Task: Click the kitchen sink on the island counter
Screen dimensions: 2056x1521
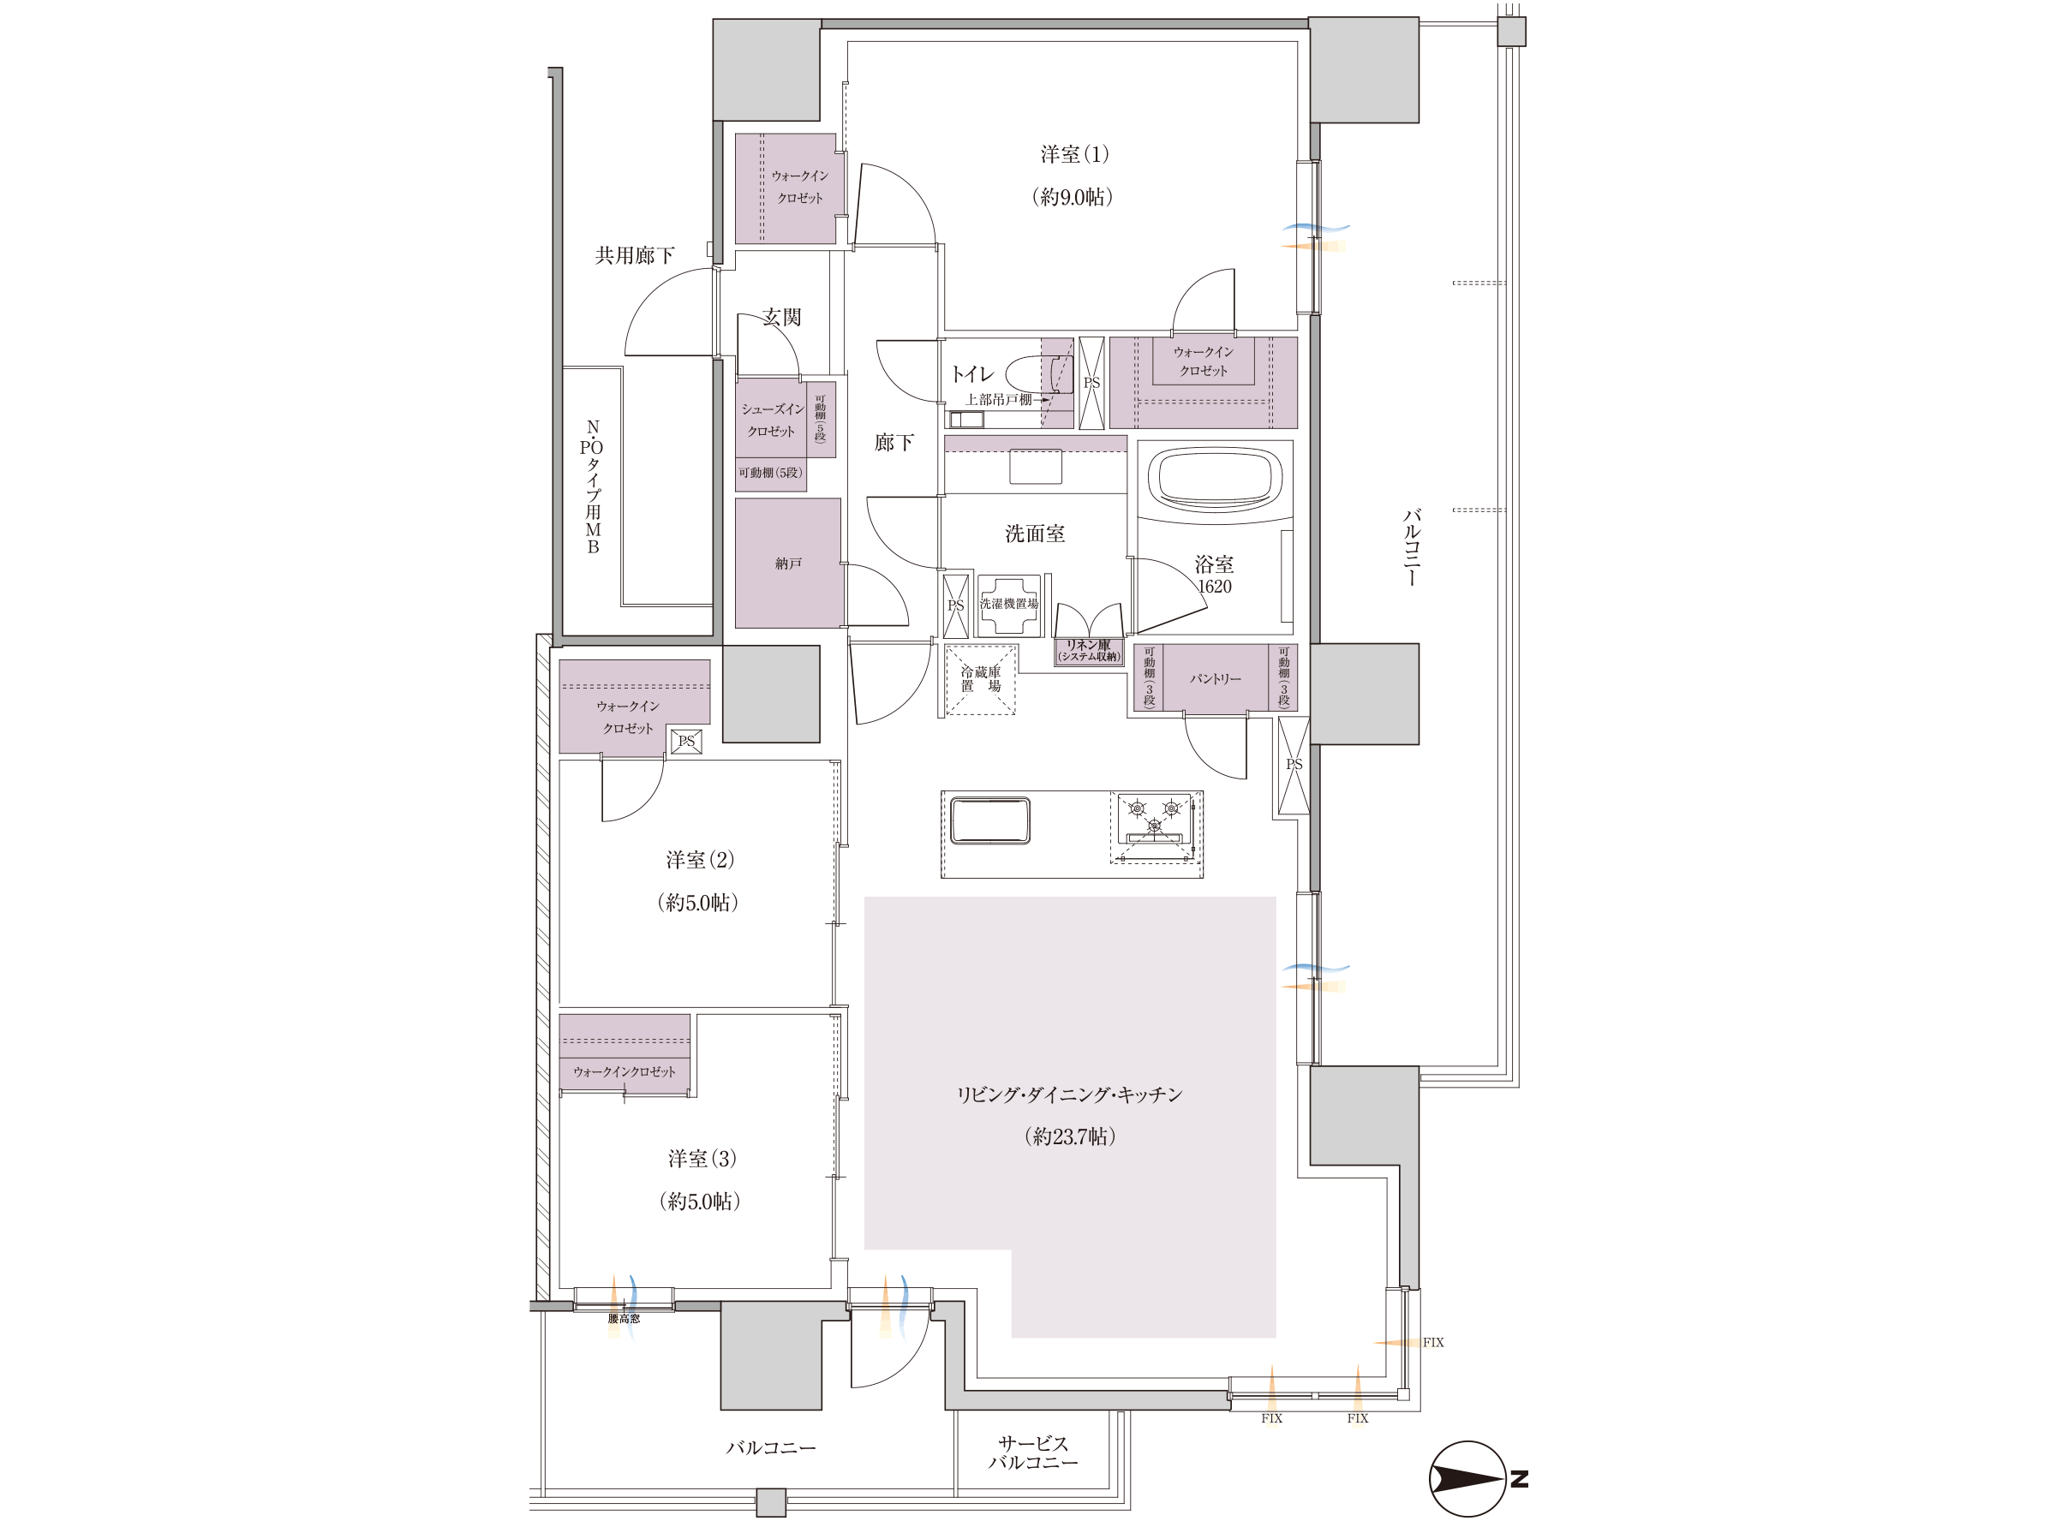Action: pos(989,820)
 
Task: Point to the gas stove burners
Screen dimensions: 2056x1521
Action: pos(1155,817)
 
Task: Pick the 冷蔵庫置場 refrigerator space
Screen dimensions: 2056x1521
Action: pos(982,679)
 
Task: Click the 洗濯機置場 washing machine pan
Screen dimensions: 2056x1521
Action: pos(1009,605)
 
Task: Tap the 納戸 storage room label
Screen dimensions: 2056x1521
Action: pos(788,564)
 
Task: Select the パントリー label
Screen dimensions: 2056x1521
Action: pos(1216,678)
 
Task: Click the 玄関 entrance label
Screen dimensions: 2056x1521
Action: pos(781,318)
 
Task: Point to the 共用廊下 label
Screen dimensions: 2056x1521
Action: pos(635,256)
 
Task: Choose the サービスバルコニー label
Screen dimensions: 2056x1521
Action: pos(1033,1452)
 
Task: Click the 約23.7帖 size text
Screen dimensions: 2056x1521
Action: pos(1070,1136)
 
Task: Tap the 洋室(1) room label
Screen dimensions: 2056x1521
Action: pos(1074,155)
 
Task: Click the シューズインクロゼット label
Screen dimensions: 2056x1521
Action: pos(772,421)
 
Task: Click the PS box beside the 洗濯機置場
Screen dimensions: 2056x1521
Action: pos(956,605)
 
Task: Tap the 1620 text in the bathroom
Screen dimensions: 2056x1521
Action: pos(1215,587)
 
